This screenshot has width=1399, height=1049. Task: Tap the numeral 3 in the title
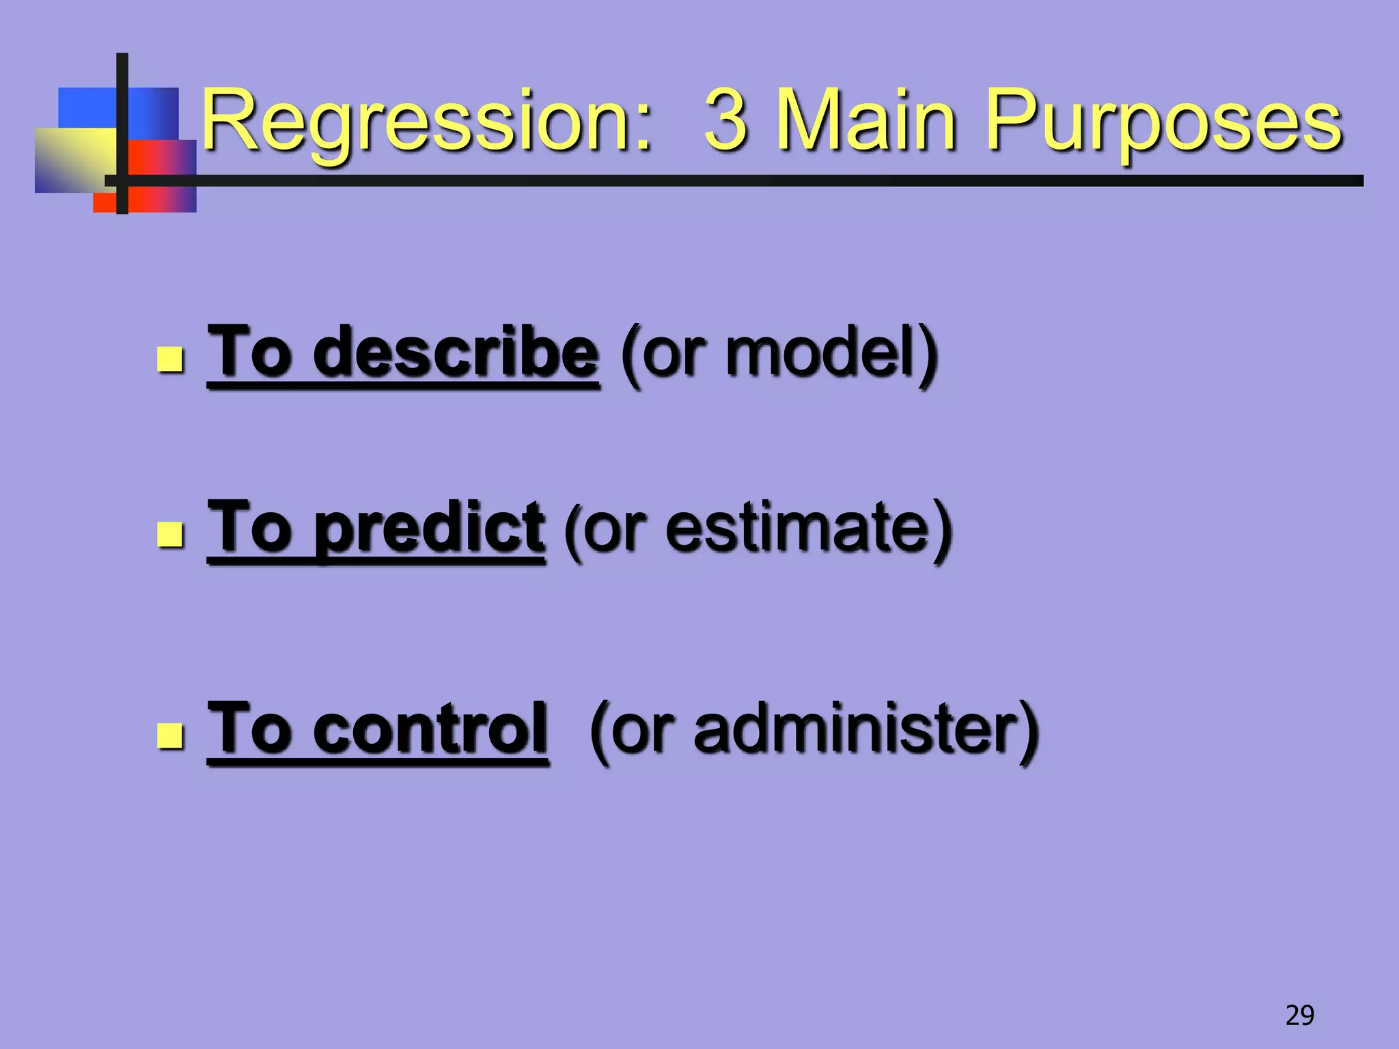click(725, 122)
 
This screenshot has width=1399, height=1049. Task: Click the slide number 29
click(1299, 1016)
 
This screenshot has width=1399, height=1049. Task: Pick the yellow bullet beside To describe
click(170, 359)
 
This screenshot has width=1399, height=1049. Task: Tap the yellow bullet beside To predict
click(170, 535)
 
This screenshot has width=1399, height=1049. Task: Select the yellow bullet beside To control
click(170, 736)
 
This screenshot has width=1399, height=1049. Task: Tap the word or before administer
click(640, 730)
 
